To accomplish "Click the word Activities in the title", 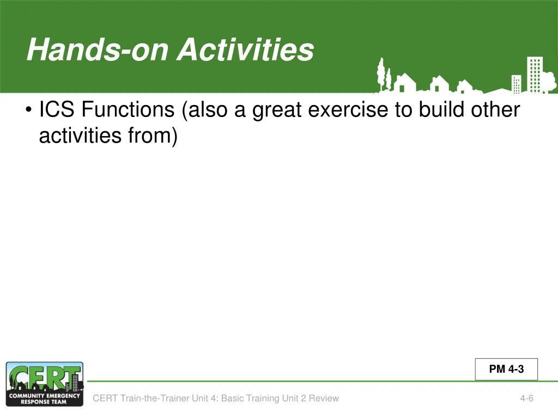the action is click(246, 50).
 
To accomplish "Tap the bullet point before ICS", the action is click(28, 109).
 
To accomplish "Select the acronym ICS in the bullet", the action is click(57, 109).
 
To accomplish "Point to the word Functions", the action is click(128, 109).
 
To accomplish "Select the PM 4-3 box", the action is click(506, 369).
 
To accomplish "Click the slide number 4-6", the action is click(527, 398).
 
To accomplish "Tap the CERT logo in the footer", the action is click(45, 384).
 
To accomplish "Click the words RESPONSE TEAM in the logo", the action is click(44, 402).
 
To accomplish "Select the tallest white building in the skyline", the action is click(535, 75).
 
